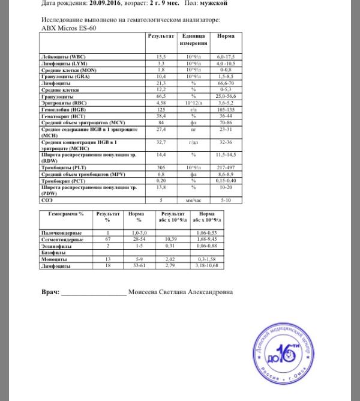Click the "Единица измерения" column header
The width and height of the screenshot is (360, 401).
[193, 40]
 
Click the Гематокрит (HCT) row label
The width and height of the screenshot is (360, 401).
[62, 116]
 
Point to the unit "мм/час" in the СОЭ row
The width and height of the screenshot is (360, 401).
[193, 199]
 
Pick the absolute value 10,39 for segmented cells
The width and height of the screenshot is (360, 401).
[173, 239]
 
